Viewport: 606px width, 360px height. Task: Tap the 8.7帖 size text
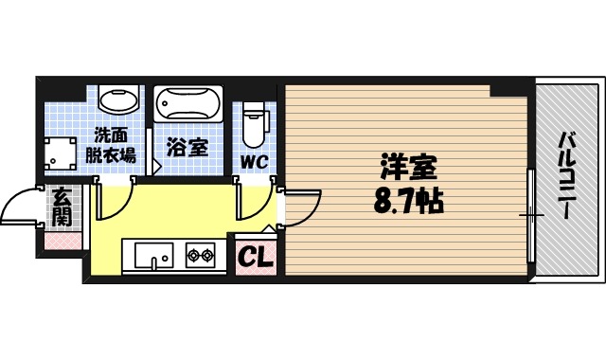point(409,201)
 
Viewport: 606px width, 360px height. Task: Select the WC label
point(253,161)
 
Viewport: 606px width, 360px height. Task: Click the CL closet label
point(253,257)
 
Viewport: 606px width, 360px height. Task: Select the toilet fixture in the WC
point(254,121)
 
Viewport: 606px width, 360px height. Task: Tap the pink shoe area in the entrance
point(62,242)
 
